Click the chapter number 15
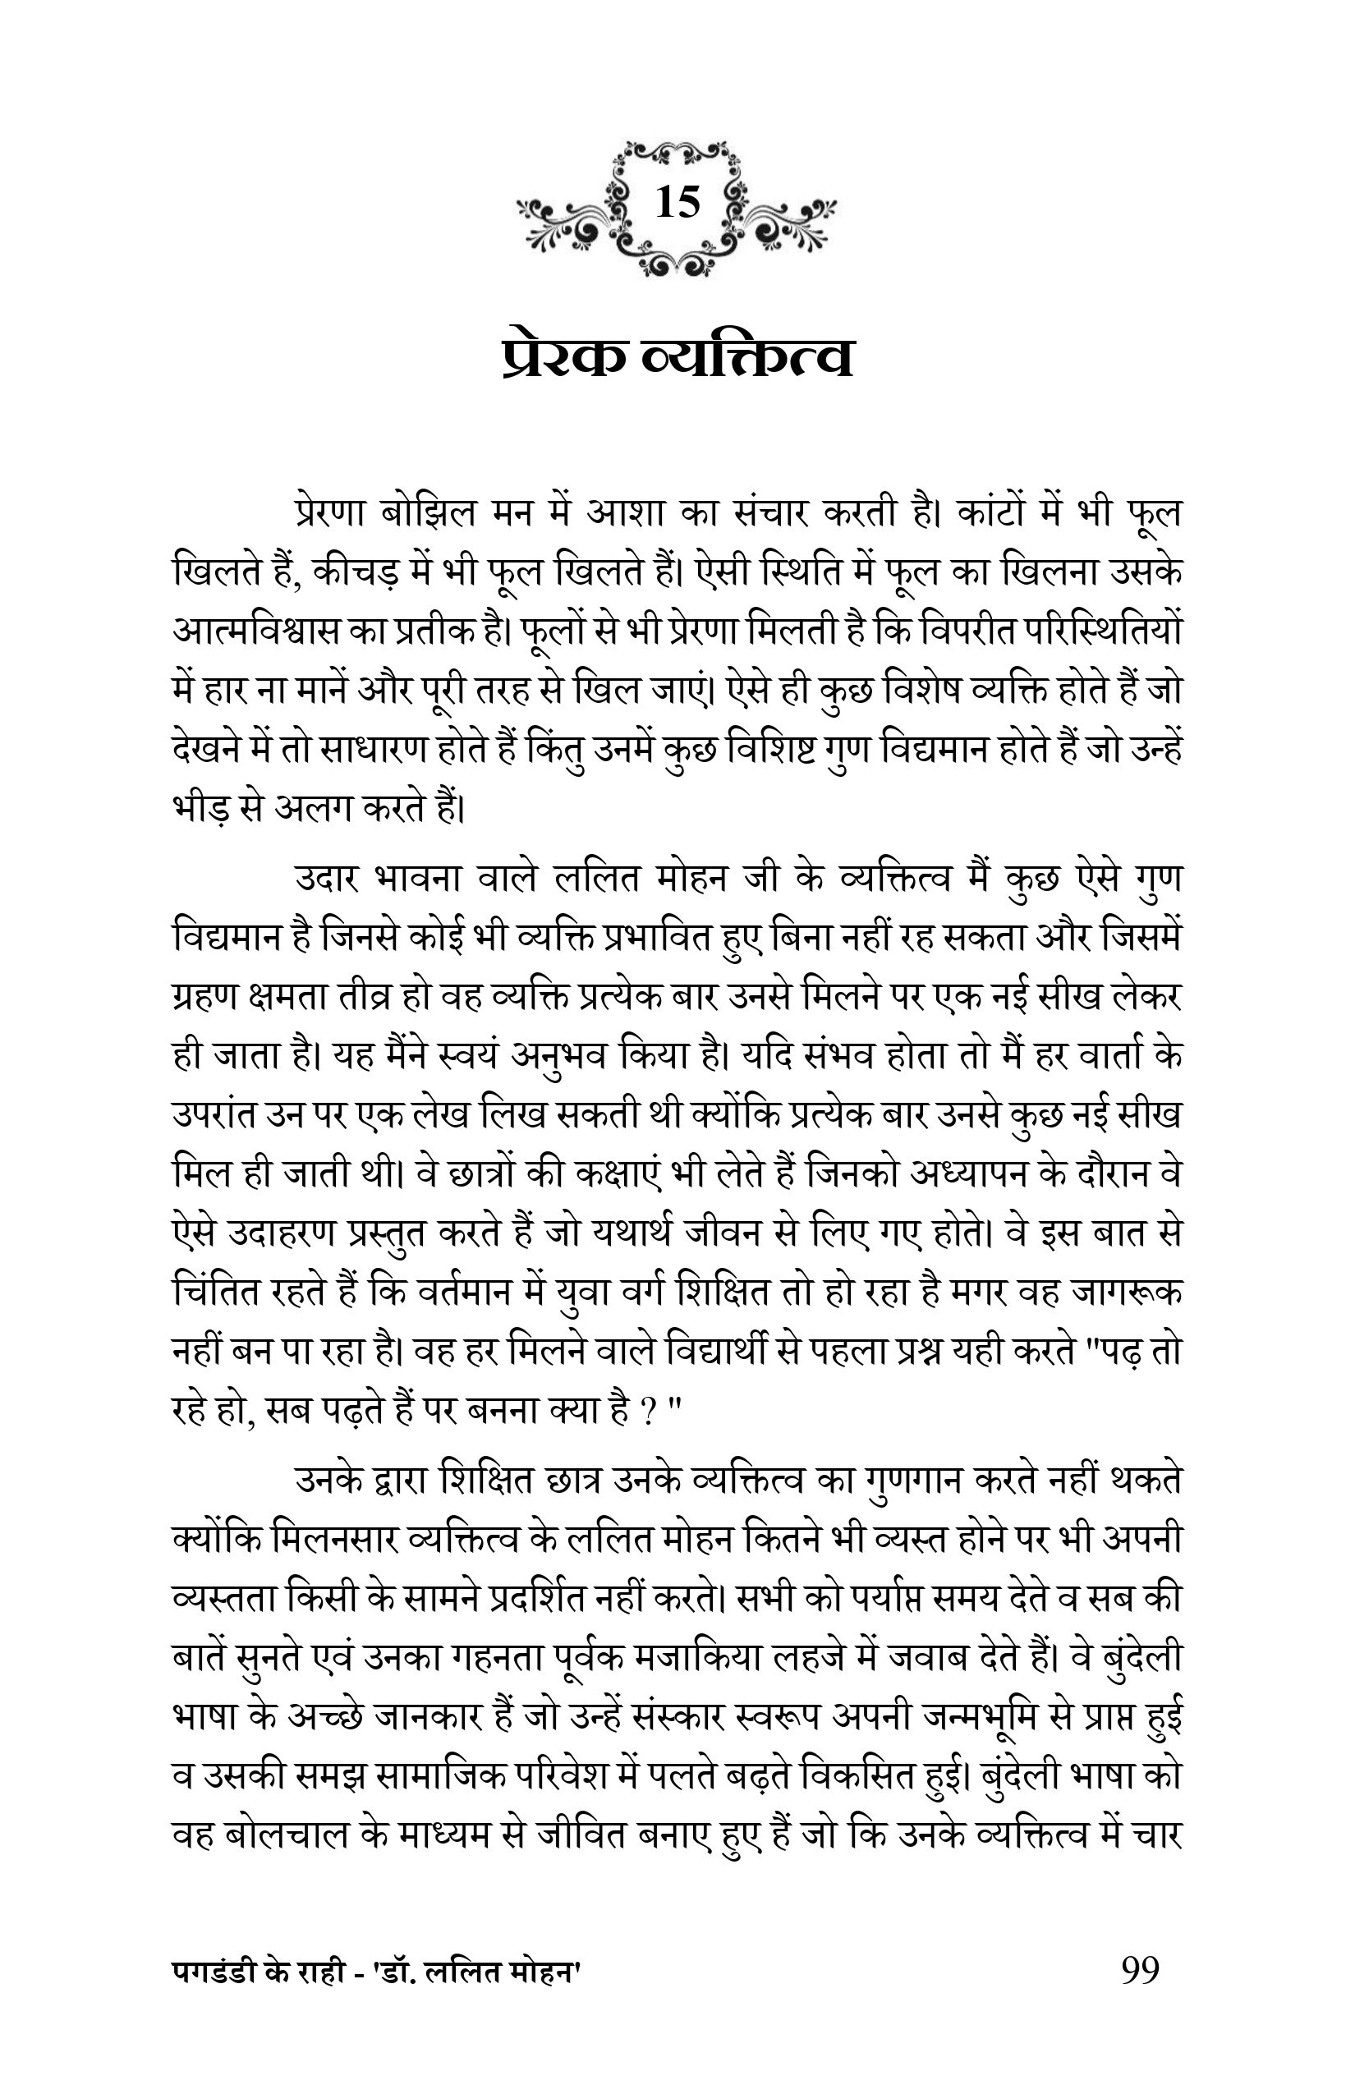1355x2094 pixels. pyautogui.click(x=677, y=204)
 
